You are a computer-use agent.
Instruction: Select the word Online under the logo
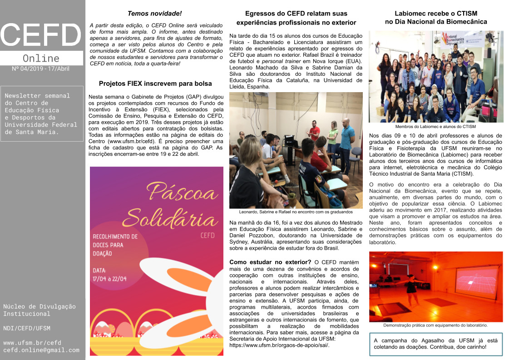pos(41,59)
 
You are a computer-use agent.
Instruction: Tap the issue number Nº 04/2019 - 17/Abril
pos(41,69)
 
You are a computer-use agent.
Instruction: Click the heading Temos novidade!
pos(154,14)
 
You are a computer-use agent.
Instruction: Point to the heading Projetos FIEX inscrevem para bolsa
pos(155,84)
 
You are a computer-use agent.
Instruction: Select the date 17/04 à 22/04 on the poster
pos(110,279)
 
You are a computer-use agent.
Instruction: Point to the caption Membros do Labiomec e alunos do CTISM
pos(435,127)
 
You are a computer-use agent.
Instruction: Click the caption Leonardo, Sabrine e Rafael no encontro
pos(296,212)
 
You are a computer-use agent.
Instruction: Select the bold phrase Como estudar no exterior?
pos(270,262)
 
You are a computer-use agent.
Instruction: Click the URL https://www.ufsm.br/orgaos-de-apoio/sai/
pos(279,345)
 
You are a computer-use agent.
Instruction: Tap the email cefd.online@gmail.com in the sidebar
pos(41,350)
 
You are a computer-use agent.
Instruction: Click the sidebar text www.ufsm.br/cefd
pos(32,343)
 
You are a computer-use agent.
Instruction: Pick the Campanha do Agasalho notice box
pos(435,343)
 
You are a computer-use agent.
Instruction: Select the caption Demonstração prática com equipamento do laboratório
pos(435,325)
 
